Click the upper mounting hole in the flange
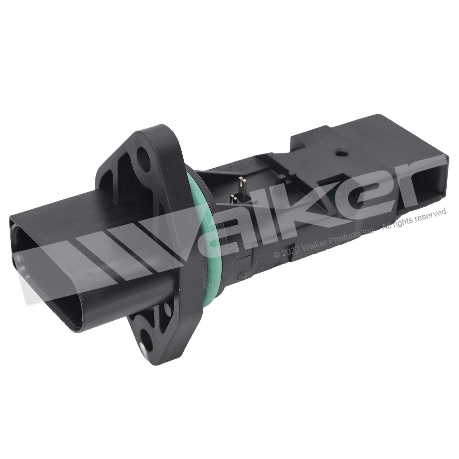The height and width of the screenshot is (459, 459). [143, 156]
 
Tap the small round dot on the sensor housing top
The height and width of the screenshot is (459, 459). [340, 154]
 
